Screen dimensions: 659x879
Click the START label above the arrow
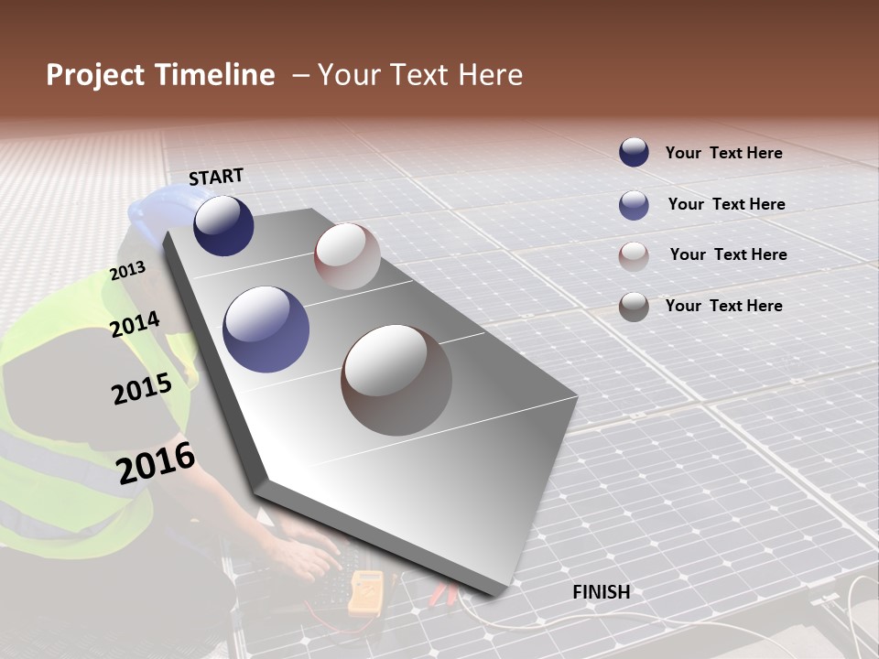click(216, 176)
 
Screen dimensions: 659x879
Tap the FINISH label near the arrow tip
click(602, 591)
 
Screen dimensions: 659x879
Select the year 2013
click(127, 271)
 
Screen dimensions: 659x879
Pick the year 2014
click(136, 324)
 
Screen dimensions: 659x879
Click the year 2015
click(142, 388)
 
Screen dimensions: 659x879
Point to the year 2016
click(157, 462)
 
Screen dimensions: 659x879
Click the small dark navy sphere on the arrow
click(223, 225)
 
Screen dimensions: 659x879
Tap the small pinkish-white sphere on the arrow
click(347, 255)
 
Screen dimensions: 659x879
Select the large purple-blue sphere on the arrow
click(266, 329)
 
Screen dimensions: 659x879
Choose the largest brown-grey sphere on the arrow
click(396, 380)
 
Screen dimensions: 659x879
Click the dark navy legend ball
click(634, 153)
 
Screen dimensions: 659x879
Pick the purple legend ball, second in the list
click(634, 205)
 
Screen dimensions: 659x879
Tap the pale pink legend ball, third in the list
click(634, 255)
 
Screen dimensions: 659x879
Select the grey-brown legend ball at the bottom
click(634, 307)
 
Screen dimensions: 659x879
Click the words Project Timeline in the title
click(160, 75)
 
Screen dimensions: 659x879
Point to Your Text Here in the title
click(420, 75)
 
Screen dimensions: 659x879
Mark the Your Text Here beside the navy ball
click(723, 153)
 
